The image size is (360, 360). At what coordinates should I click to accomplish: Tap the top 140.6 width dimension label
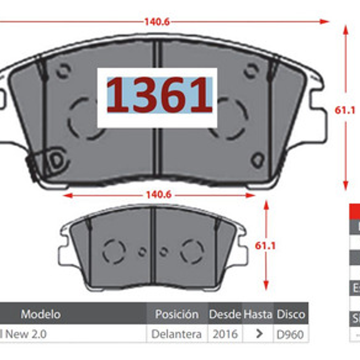157,22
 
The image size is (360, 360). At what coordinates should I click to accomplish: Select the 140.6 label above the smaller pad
159,195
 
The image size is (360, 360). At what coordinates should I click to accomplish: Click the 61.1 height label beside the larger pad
345,110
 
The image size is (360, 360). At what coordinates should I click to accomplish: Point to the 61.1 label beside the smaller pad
265,245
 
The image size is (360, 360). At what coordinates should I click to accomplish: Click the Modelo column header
40,314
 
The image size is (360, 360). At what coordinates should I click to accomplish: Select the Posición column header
177,314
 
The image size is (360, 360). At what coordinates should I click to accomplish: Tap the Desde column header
225,314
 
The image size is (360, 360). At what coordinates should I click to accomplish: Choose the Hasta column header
258,314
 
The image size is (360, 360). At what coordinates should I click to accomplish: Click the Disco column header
291,314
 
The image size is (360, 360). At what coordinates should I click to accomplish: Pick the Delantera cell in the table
176,334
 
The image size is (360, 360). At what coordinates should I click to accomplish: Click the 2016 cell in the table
225,334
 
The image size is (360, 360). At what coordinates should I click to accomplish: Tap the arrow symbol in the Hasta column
259,333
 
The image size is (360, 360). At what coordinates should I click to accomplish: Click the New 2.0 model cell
24,334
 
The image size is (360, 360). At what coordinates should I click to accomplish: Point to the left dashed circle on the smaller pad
114,251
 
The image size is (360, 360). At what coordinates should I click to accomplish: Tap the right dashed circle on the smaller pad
192,251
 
